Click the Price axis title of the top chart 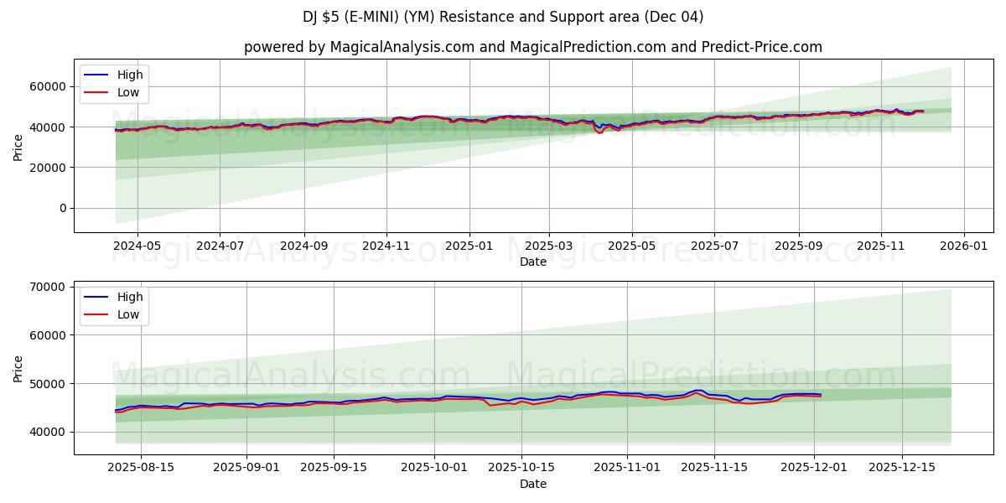click(18, 147)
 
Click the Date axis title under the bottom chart click(533, 484)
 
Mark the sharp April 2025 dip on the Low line click(600, 132)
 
